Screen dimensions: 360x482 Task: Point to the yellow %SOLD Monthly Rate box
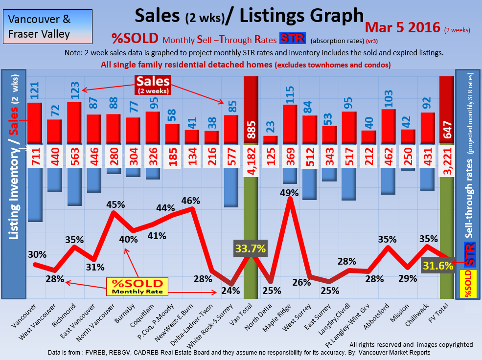(137, 286)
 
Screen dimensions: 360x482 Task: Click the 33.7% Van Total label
(251, 248)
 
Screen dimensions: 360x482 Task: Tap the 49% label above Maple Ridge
(290, 192)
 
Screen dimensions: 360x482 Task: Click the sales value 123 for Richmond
(74, 87)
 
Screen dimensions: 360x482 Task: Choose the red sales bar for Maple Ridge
(290, 124)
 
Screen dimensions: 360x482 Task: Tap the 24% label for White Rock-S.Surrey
(230, 290)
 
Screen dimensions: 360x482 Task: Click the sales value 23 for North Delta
(270, 126)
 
